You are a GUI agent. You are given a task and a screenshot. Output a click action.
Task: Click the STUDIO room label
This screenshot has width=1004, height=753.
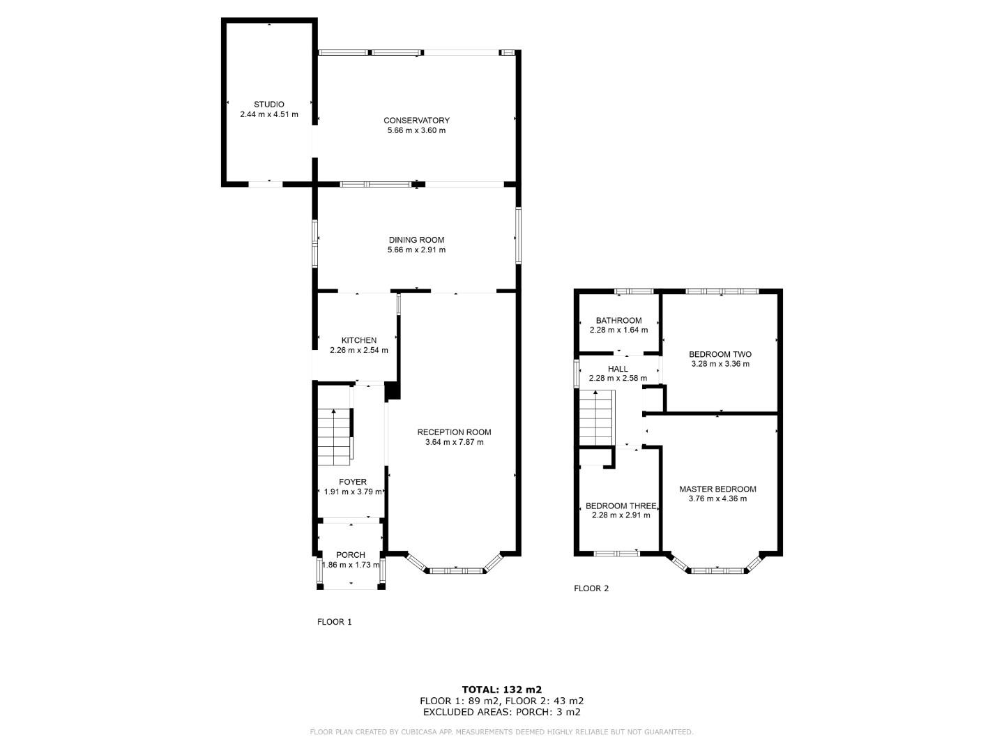pyautogui.click(x=268, y=104)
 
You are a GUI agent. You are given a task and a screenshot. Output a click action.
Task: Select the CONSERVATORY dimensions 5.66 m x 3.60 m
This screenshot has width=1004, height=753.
pyautogui.click(x=416, y=130)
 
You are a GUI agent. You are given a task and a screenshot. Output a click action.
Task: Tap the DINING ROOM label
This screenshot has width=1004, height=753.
pyautogui.click(x=416, y=240)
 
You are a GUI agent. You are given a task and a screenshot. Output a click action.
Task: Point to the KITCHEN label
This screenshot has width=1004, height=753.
pyautogui.click(x=358, y=340)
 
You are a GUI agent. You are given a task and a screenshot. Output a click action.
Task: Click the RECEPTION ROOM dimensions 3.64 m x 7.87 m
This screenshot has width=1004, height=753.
pyautogui.click(x=454, y=442)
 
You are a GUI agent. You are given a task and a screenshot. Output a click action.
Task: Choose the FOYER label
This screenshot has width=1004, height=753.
pyautogui.click(x=353, y=482)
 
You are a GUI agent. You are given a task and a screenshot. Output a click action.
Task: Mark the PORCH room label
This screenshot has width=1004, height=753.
pyautogui.click(x=350, y=555)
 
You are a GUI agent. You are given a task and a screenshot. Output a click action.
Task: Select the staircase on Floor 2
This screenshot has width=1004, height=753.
pyautogui.click(x=596, y=418)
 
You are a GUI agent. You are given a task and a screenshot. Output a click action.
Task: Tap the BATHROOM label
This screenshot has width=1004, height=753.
pyautogui.click(x=618, y=321)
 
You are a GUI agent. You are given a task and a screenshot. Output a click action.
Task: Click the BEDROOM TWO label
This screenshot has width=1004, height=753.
pyautogui.click(x=720, y=354)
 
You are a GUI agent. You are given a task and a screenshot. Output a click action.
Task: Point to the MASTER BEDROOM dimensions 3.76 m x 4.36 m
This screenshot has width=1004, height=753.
pyautogui.click(x=717, y=499)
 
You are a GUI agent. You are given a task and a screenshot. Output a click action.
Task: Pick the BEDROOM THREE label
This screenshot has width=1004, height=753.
pyautogui.click(x=621, y=506)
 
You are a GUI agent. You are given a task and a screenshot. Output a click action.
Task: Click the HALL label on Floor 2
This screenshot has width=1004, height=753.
pyautogui.click(x=618, y=369)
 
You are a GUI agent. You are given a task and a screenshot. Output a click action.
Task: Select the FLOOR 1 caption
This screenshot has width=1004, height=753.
pyautogui.click(x=335, y=622)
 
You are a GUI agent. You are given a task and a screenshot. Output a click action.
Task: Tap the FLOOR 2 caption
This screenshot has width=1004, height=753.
pyautogui.click(x=591, y=588)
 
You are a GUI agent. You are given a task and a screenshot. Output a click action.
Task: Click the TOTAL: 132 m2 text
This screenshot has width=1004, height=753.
pyautogui.click(x=501, y=690)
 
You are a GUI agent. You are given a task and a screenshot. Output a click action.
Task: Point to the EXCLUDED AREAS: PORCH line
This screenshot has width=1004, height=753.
pyautogui.click(x=501, y=712)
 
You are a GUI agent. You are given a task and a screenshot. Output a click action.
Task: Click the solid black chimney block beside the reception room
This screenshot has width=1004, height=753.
pyautogui.click(x=393, y=390)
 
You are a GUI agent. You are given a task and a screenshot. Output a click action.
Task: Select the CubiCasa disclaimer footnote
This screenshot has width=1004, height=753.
pyautogui.click(x=501, y=732)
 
